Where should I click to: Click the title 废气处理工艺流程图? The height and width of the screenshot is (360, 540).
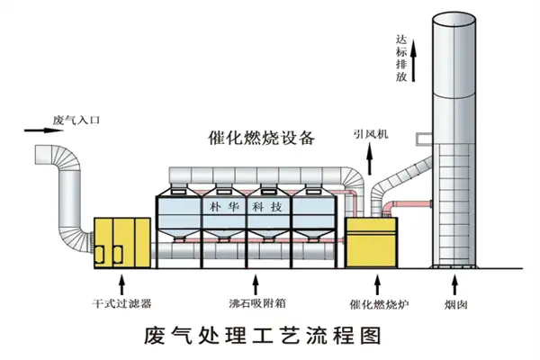click(x=256, y=336)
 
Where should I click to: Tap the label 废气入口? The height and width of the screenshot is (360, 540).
click(x=75, y=119)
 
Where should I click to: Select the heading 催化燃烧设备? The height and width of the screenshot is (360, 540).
click(x=260, y=138)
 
